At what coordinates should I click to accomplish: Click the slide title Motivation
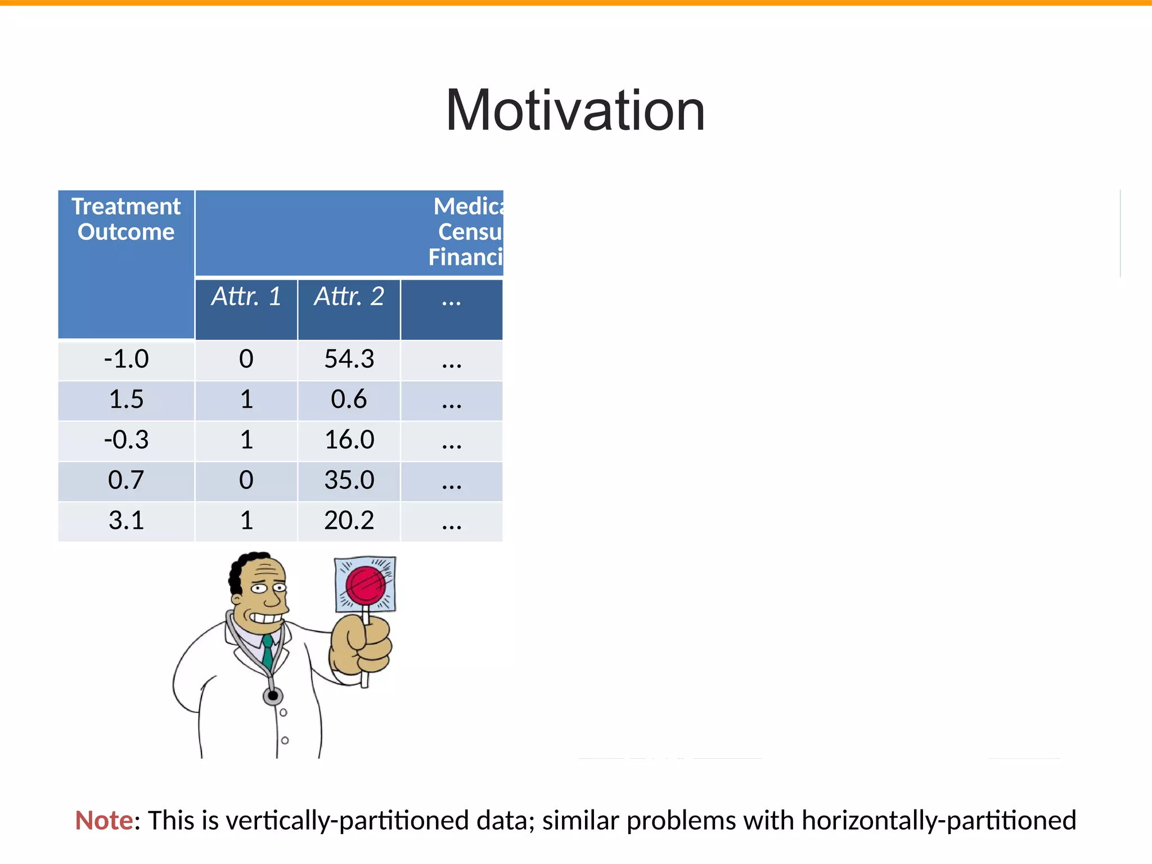pyautogui.click(x=575, y=111)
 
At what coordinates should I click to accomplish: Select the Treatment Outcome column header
pyautogui.click(x=126, y=219)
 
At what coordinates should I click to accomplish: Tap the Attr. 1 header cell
pyautogui.click(x=246, y=297)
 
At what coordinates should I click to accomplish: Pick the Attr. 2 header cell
pyautogui.click(x=349, y=297)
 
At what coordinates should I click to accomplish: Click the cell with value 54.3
pyautogui.click(x=349, y=359)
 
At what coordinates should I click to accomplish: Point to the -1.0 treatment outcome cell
pyautogui.click(x=126, y=359)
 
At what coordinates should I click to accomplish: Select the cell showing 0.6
pyautogui.click(x=349, y=400)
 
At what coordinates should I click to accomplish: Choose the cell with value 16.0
pyautogui.click(x=349, y=440)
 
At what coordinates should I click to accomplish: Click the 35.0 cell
pyautogui.click(x=349, y=480)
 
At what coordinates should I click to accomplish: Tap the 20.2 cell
pyautogui.click(x=349, y=521)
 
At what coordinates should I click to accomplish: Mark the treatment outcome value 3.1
pyautogui.click(x=126, y=521)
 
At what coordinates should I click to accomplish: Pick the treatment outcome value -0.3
pyautogui.click(x=126, y=440)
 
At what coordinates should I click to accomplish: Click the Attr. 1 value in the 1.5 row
pyautogui.click(x=246, y=400)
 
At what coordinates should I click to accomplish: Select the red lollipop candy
pyautogui.click(x=365, y=585)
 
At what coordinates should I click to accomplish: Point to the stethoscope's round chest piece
pyautogui.click(x=273, y=696)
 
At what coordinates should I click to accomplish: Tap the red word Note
pyautogui.click(x=104, y=821)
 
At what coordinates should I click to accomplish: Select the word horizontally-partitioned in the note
pyautogui.click(x=938, y=821)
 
